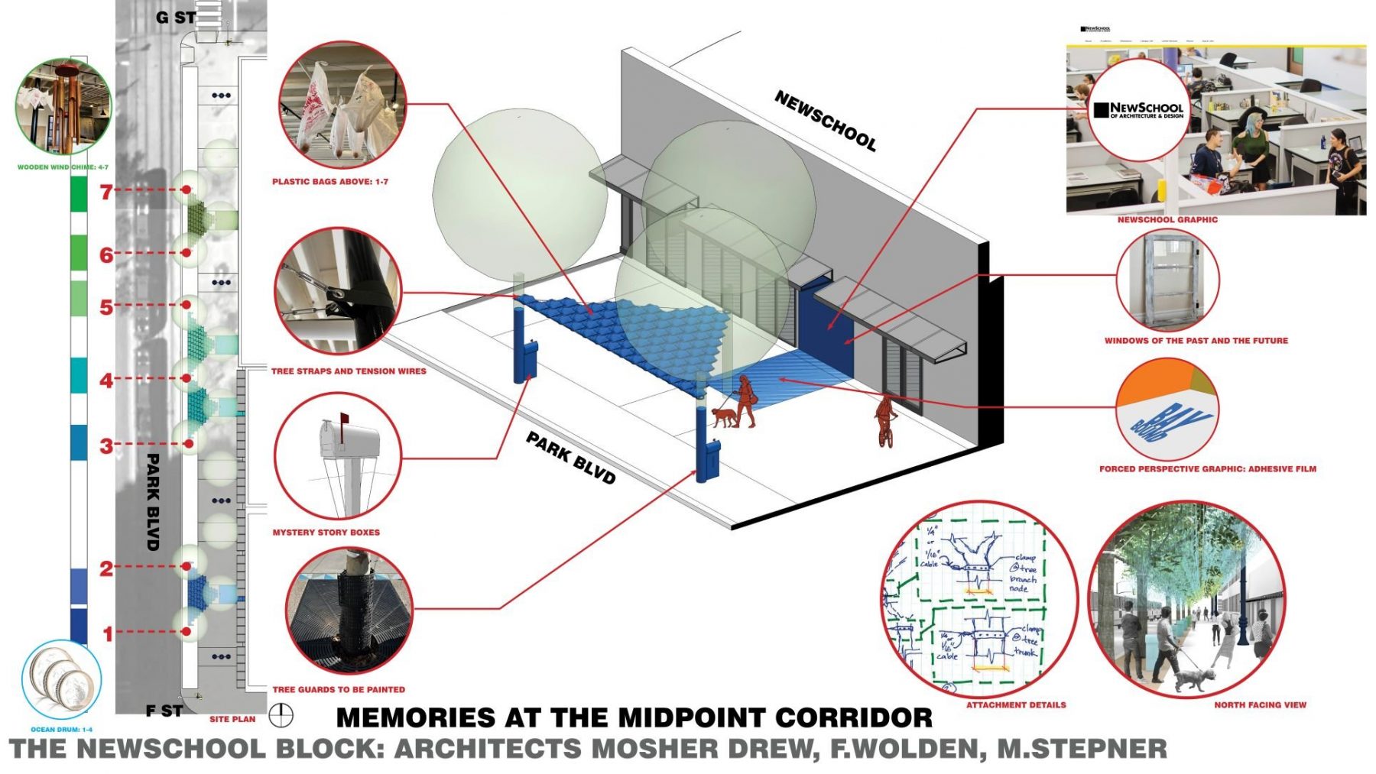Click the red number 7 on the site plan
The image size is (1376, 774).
[x=106, y=192]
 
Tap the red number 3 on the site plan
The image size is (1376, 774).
[x=106, y=445]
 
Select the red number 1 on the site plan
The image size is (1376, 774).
[x=108, y=633]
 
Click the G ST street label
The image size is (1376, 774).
[x=175, y=17]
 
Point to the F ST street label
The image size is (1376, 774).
[x=164, y=711]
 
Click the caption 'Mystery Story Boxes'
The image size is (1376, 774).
[x=326, y=533]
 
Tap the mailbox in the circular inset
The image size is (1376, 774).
[x=349, y=440]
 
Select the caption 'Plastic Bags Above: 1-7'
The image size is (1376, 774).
[x=330, y=182]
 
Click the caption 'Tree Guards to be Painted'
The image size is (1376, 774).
[x=339, y=689]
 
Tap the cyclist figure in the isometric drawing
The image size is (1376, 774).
[x=886, y=420]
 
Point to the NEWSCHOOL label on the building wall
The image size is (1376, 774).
[x=825, y=121]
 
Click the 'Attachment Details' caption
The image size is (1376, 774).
[x=1016, y=704]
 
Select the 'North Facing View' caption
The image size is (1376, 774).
[x=1260, y=704]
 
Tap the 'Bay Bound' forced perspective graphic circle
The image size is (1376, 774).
[x=1167, y=413]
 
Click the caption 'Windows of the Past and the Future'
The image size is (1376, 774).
[x=1196, y=341]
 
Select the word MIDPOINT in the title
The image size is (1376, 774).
[x=692, y=718]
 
